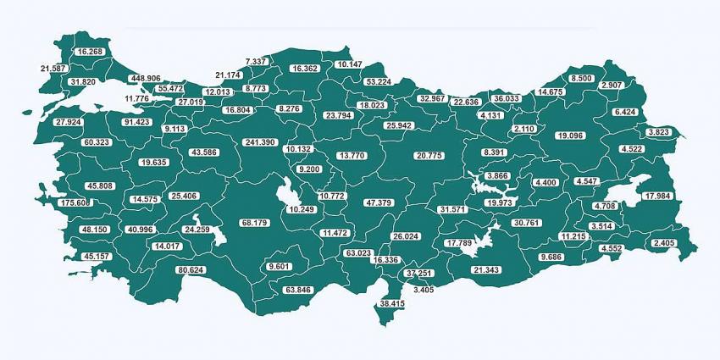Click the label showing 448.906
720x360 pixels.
(145, 78)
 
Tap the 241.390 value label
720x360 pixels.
(259, 142)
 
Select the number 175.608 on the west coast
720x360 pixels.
(75, 203)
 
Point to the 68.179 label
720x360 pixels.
(254, 223)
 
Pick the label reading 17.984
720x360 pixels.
(657, 197)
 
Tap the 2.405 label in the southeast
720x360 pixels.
(665, 243)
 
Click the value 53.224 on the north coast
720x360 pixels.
(378, 81)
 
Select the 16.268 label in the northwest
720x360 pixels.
(91, 52)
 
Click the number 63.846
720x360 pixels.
(298, 290)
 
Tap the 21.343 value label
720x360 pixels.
(486, 269)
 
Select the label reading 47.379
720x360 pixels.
(379, 203)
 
